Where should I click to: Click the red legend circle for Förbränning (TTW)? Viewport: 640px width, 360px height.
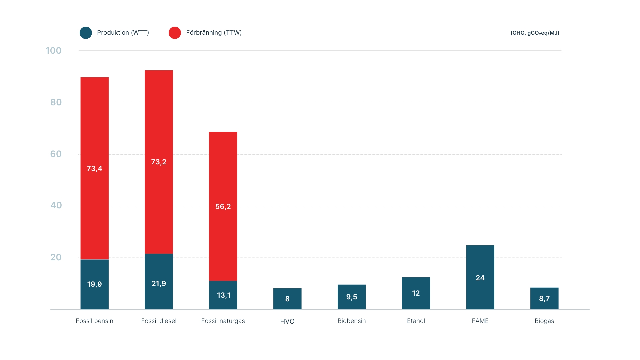click(x=175, y=33)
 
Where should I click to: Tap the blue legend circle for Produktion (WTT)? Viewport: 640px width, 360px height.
click(x=86, y=33)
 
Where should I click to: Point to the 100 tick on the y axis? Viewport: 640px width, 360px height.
click(x=53, y=51)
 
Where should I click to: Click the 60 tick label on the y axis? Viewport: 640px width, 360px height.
click(x=56, y=154)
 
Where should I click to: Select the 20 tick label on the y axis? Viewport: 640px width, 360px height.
click(x=56, y=257)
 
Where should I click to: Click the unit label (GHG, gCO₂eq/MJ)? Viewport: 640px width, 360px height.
click(x=535, y=33)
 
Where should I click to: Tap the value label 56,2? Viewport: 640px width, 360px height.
click(x=223, y=207)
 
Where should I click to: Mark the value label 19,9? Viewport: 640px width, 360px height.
click(x=94, y=284)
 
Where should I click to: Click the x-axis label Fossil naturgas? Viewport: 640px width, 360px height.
click(x=223, y=321)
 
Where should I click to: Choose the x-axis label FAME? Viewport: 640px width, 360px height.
click(x=480, y=321)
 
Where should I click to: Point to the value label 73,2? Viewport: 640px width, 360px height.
click(x=159, y=162)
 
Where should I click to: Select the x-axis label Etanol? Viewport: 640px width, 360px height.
click(x=416, y=321)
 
